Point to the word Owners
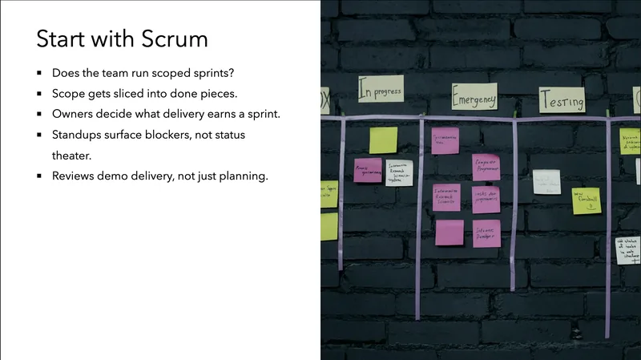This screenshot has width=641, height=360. point(74,114)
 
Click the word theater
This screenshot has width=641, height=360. point(74,156)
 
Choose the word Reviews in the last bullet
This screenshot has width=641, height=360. point(75,176)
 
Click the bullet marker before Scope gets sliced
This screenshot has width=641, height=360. point(39,94)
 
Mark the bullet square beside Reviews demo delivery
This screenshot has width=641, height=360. point(39,176)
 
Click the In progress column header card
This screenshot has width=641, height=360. point(380,89)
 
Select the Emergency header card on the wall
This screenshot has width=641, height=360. point(474,97)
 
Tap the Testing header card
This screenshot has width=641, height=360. point(562,99)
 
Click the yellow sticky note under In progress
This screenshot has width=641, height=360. point(383,140)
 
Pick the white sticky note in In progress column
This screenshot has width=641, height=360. point(399,172)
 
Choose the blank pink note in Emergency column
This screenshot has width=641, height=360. point(450,233)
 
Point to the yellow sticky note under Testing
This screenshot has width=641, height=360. point(586,200)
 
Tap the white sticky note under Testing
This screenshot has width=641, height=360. point(546,181)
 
